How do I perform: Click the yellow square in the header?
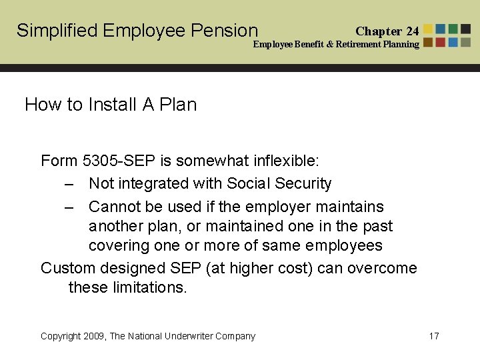[428, 29]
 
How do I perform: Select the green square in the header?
[453, 29]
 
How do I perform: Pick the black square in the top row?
[466, 29]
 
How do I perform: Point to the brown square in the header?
[428, 42]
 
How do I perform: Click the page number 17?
[433, 336]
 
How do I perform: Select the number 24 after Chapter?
[413, 31]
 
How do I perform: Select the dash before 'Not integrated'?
[69, 183]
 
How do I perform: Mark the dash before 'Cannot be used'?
[69, 207]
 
